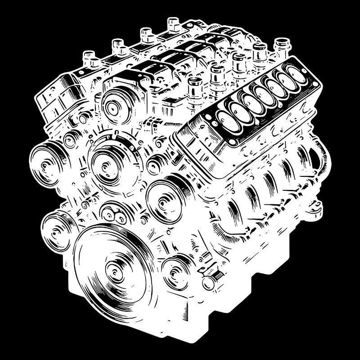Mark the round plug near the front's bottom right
tap(208, 283)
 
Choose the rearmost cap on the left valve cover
tap(173, 22)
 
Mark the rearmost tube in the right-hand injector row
tap(281, 45)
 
